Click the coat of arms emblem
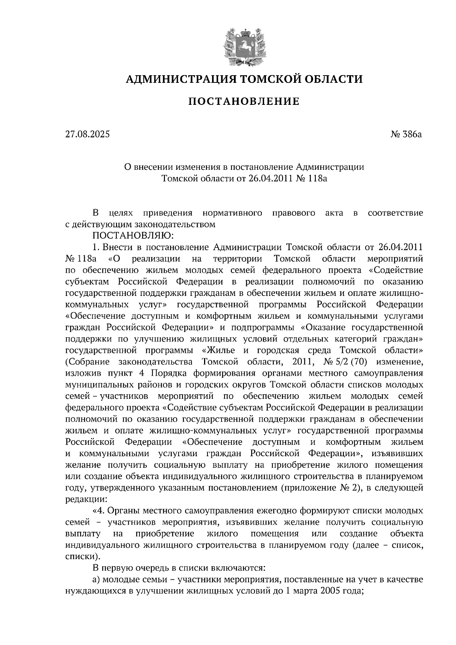click(x=244, y=45)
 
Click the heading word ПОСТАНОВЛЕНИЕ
click(x=244, y=101)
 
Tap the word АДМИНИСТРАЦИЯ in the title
click(x=178, y=79)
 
